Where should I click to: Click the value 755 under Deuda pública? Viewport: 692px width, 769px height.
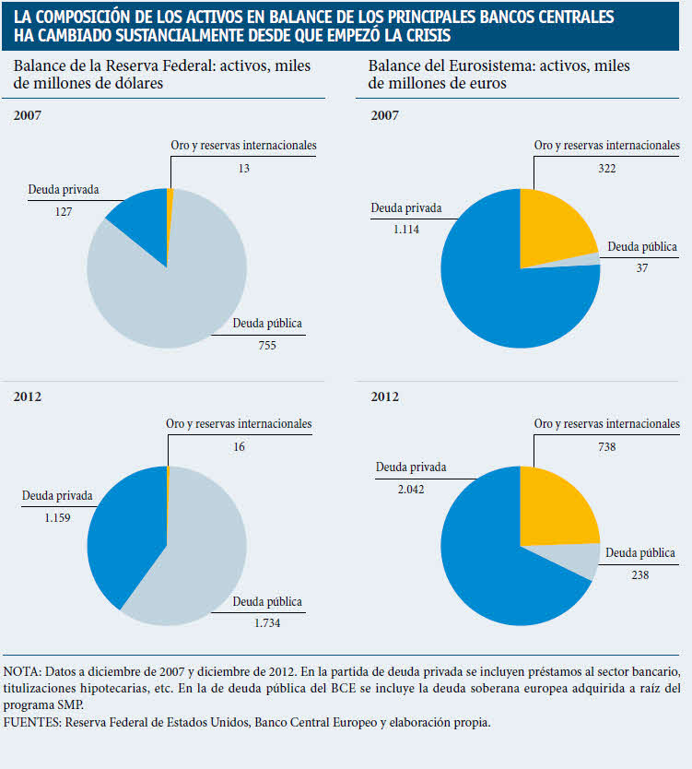pos(267,346)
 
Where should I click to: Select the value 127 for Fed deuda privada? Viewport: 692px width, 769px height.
pos(63,211)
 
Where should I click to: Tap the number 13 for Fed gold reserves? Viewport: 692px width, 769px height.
pos(243,168)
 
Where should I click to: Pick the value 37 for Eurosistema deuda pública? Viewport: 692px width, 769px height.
pos(641,268)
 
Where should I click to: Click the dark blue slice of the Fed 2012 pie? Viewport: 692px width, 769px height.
pos(129,535)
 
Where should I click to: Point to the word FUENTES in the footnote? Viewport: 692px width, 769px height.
pos(30,723)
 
